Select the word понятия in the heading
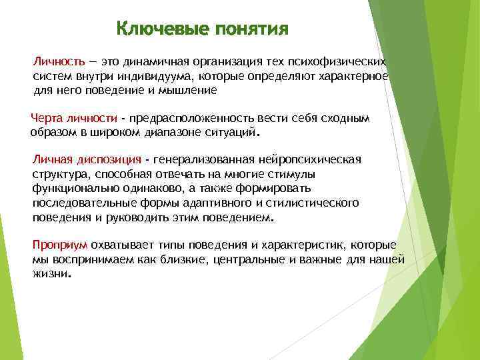click(x=251, y=30)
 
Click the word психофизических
click(x=341, y=61)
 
